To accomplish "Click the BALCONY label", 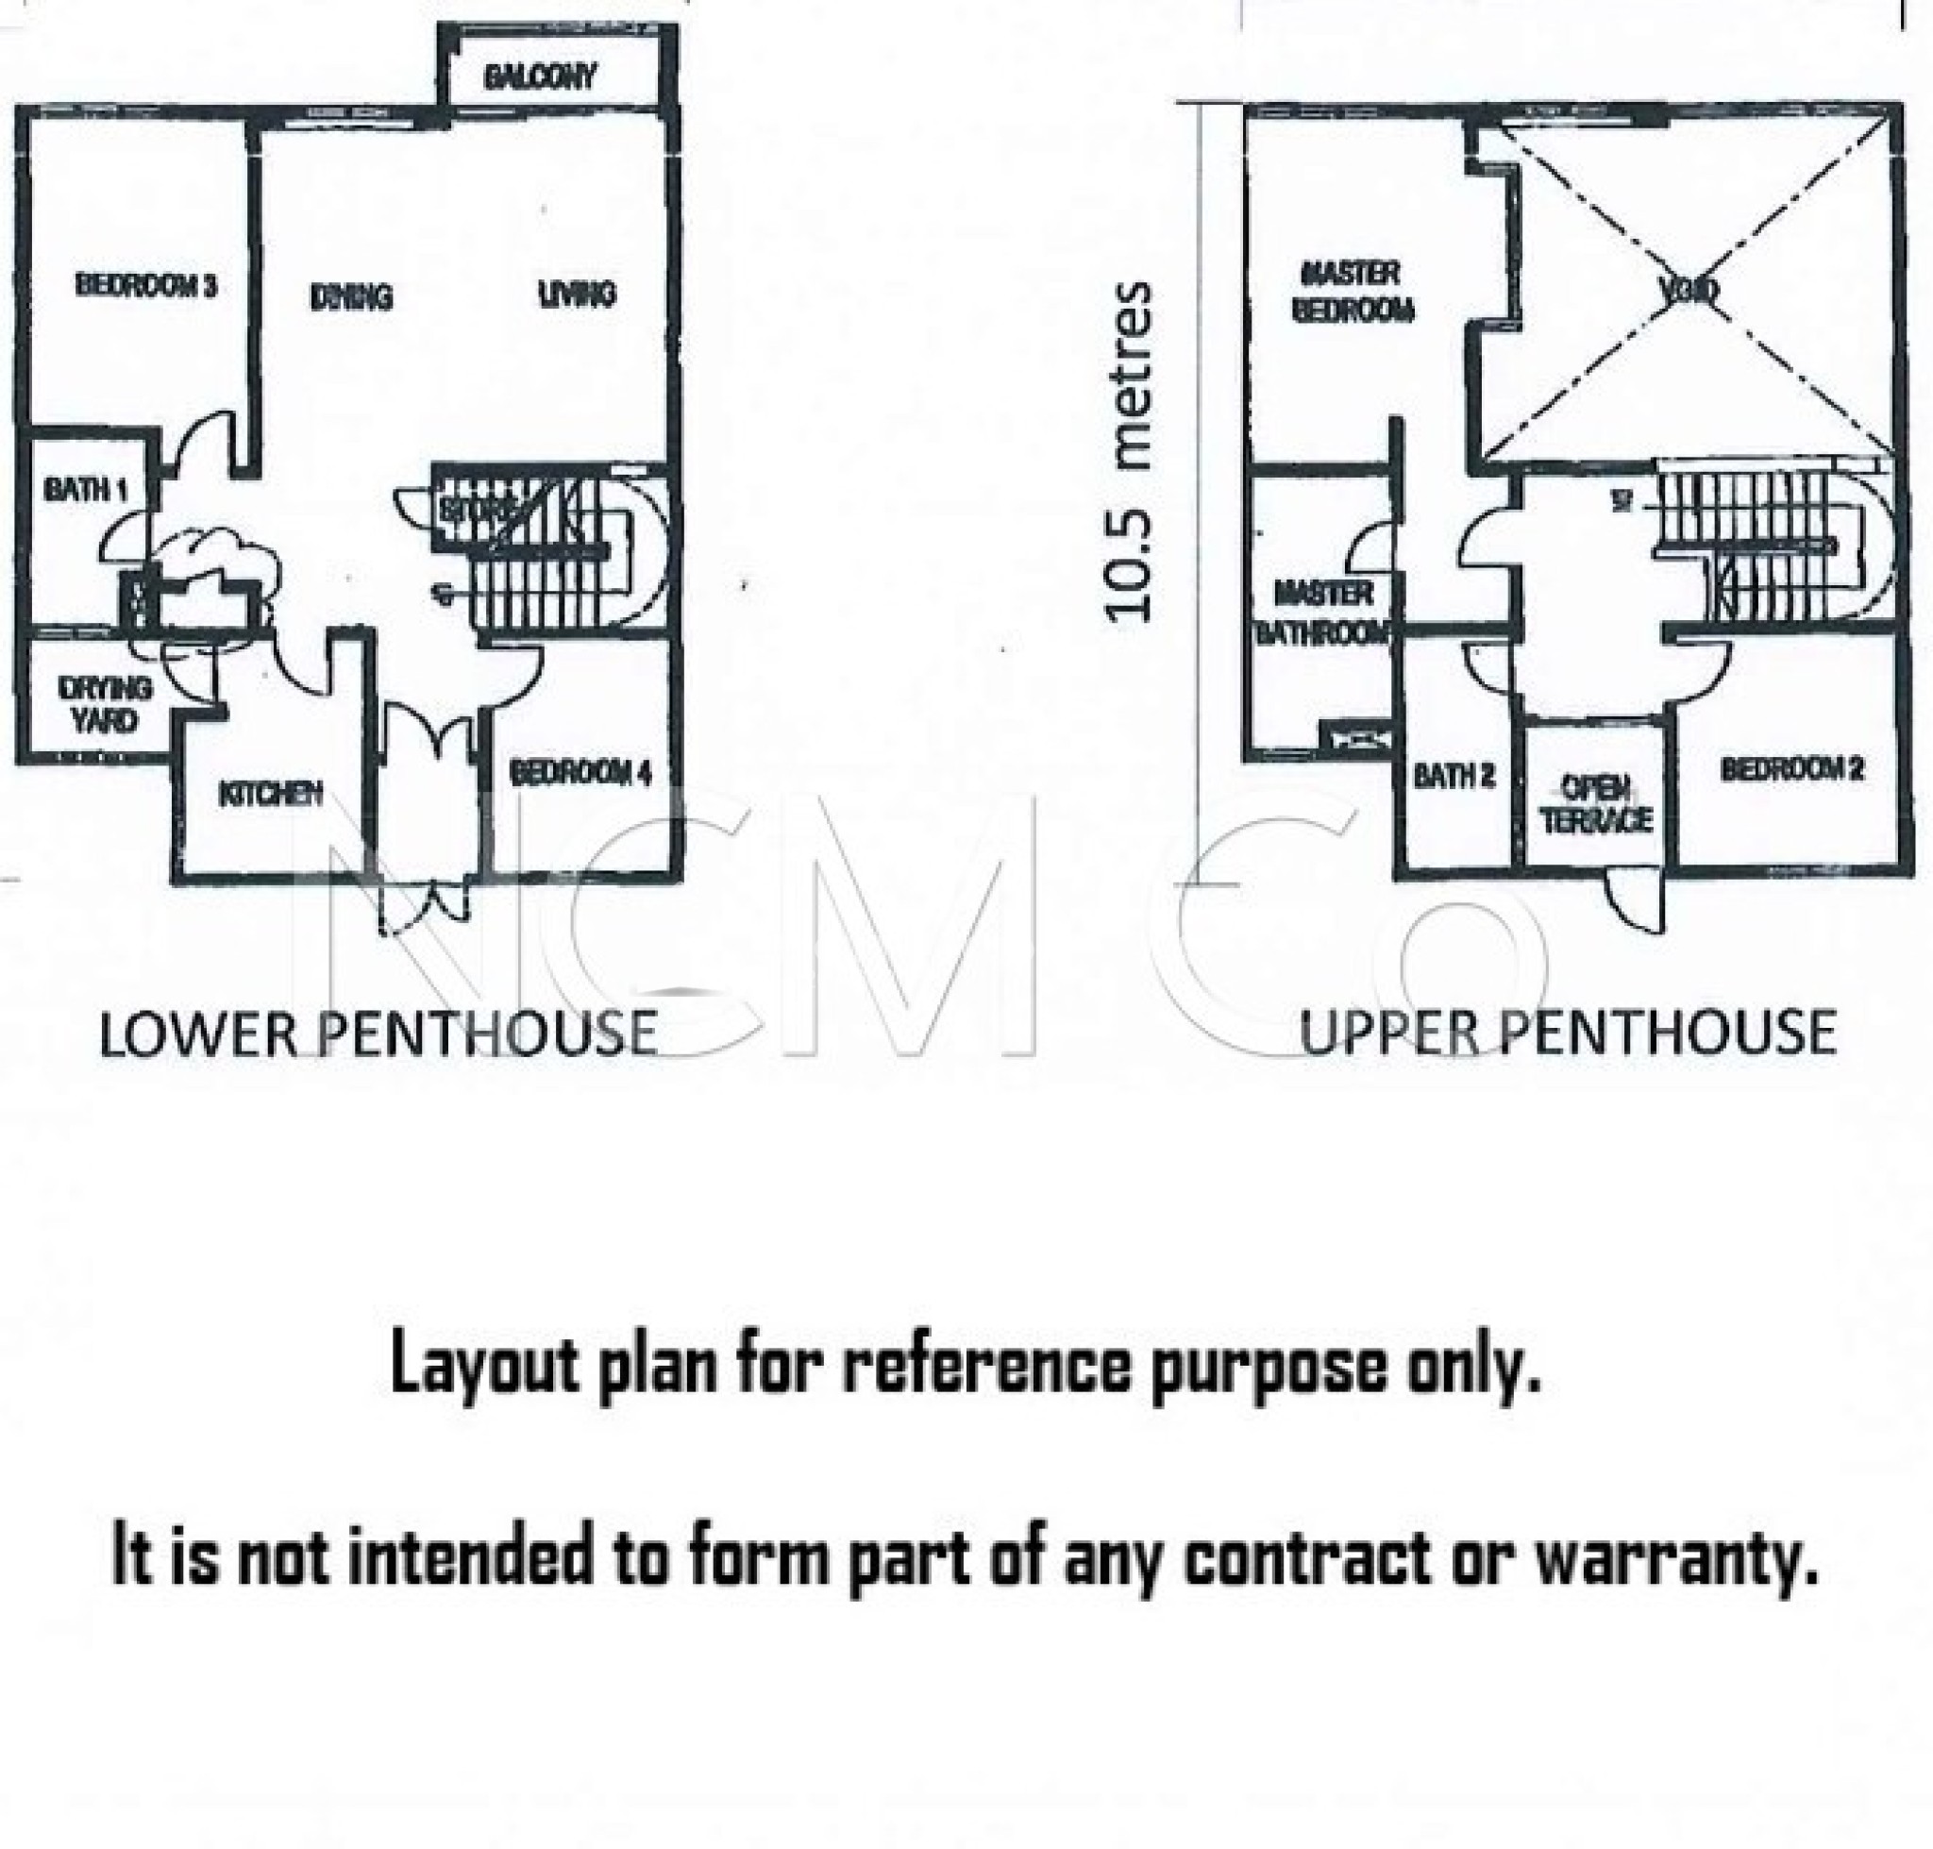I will pyautogui.click(x=540, y=76).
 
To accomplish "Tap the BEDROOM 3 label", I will pyautogui.click(x=146, y=286).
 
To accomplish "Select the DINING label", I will pyautogui.click(x=351, y=295).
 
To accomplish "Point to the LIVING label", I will pyautogui.click(x=577, y=293).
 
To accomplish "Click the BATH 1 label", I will pyautogui.click(x=85, y=488).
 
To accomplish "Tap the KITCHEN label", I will pyautogui.click(x=270, y=794).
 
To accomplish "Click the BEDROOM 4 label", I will pyautogui.click(x=580, y=773).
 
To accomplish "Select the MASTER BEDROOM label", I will pyautogui.click(x=1352, y=291).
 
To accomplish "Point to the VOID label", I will pyautogui.click(x=1689, y=291).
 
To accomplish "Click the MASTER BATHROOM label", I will pyautogui.click(x=1321, y=612).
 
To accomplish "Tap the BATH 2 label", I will pyautogui.click(x=1454, y=776).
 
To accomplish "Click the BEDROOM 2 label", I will pyautogui.click(x=1792, y=769).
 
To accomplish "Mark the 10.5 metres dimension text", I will pyautogui.click(x=1129, y=450).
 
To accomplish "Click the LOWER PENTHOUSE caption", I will pyautogui.click(x=378, y=1033).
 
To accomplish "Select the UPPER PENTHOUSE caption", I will pyautogui.click(x=1568, y=1033).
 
